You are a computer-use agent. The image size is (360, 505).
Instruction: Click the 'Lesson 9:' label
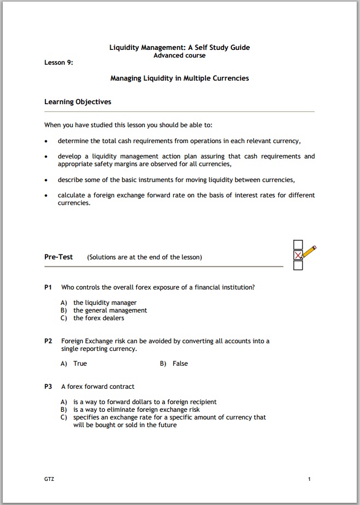click(59, 63)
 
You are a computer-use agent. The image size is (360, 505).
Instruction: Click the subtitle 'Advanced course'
click(179, 55)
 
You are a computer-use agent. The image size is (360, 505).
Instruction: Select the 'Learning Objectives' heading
click(77, 102)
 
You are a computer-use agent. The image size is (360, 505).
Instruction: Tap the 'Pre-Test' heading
click(59, 257)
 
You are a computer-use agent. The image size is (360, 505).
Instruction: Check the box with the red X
click(298, 255)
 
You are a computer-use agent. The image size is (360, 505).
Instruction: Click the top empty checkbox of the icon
click(298, 245)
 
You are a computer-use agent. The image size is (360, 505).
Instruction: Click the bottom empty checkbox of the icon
click(298, 265)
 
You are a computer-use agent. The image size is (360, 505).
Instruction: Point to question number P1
click(48, 287)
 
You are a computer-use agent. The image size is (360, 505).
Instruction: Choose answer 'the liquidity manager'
click(105, 303)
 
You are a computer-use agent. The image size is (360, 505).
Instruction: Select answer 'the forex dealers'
click(99, 318)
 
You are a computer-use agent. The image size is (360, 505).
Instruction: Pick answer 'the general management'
click(110, 310)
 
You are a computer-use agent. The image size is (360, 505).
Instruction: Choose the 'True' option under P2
click(80, 364)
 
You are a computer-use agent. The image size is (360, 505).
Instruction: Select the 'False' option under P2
click(180, 364)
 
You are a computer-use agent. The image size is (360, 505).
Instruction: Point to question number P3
click(48, 387)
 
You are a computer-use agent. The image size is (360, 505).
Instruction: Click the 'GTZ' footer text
click(49, 479)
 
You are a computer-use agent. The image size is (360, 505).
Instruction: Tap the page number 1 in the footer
click(309, 479)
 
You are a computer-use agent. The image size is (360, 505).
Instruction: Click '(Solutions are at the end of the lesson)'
click(144, 257)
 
